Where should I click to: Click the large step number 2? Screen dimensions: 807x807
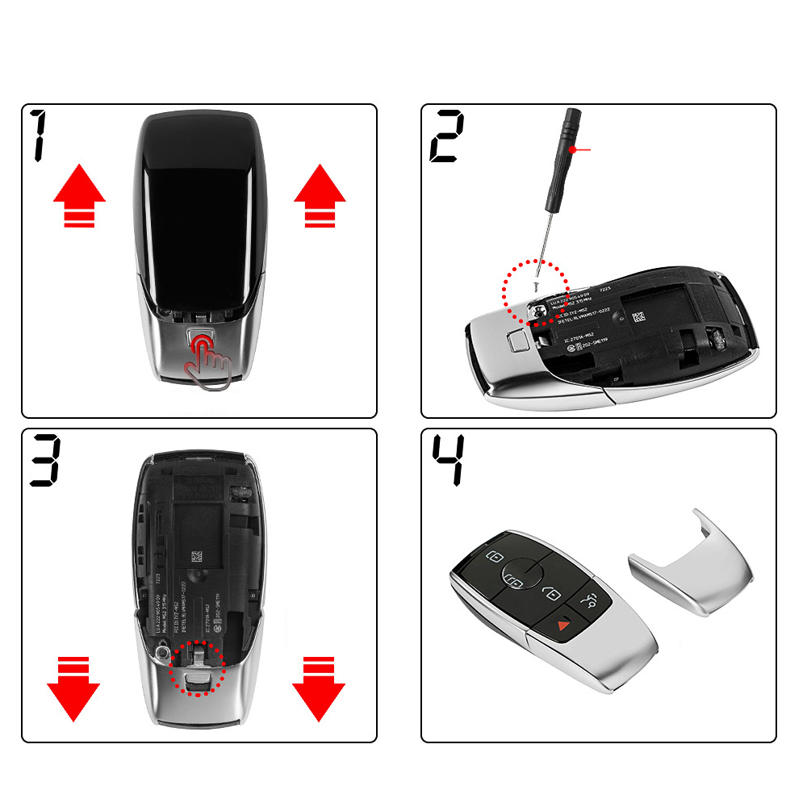[x=446, y=138]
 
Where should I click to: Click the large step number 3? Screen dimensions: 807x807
[x=44, y=461]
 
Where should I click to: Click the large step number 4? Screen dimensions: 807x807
[x=446, y=461]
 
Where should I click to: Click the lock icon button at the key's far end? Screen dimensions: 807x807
[x=495, y=556]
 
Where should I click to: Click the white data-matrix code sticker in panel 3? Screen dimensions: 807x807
[x=196, y=558]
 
